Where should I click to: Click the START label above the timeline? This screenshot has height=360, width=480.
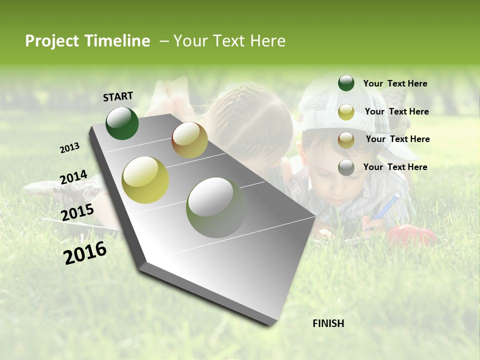[118, 96]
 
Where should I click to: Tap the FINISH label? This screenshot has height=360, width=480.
[328, 323]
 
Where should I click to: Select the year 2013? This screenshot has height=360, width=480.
[69, 148]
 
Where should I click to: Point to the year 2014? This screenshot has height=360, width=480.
[73, 177]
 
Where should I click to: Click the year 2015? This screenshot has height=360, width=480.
[77, 212]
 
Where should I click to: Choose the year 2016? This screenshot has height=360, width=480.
[85, 253]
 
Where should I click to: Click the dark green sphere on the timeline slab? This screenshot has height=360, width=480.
[122, 123]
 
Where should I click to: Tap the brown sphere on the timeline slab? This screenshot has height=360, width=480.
[189, 140]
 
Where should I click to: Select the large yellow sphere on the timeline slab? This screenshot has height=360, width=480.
[145, 180]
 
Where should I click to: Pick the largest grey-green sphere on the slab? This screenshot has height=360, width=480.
[216, 207]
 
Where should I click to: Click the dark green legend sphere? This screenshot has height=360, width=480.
[346, 83]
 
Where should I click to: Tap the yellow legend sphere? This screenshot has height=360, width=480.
[346, 112]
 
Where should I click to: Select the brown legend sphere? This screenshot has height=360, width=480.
[346, 140]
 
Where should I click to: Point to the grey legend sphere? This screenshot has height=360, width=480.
[346, 167]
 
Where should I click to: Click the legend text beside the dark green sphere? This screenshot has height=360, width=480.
[395, 83]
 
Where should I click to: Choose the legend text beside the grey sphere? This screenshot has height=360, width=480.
[395, 167]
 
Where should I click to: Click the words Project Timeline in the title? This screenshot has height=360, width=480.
[87, 41]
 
